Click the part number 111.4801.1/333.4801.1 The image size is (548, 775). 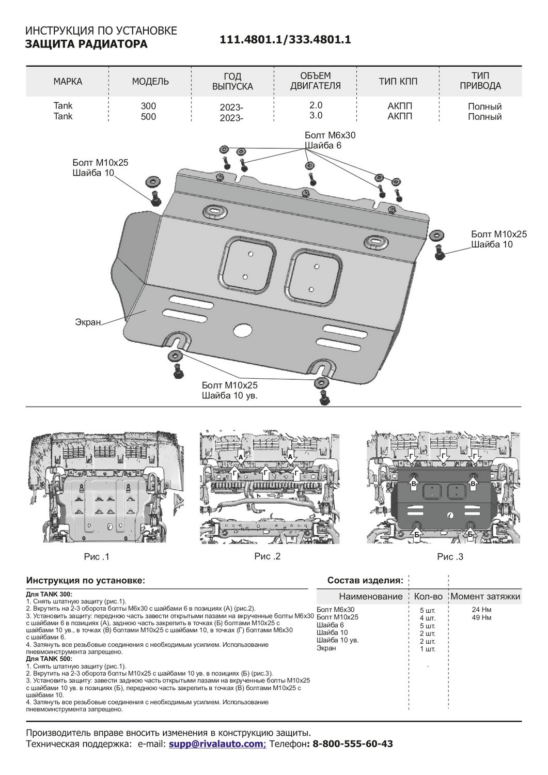point(286,40)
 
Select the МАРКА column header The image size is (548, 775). point(68,82)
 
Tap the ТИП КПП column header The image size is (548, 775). point(398,81)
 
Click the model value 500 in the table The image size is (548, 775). point(148,117)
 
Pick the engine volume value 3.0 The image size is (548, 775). point(316,116)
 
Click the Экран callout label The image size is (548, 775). point(88,322)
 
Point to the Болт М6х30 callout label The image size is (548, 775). point(330,135)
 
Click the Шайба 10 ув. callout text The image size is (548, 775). point(229,396)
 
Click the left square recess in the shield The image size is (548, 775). point(248,265)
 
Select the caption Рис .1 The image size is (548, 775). point(97,557)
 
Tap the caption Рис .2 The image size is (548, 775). point(268,556)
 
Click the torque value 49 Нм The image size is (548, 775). point(481,617)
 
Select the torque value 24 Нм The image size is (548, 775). point(481,610)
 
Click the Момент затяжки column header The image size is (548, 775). point(485,597)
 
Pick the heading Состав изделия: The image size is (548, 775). point(365,580)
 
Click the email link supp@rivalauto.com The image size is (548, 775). point(216,744)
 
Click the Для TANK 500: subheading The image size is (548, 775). point(49,659)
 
